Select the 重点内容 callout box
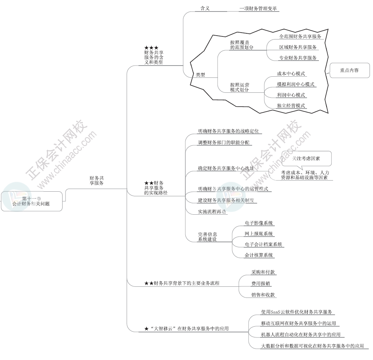pos(349,70)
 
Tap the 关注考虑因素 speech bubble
pos(306,158)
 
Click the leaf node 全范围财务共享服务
pos(300,36)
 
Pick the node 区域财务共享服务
pos(298,47)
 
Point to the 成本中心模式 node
pos(291,74)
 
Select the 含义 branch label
pos(205,8)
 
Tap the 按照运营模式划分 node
pos(240,87)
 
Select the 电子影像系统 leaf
pos(259,223)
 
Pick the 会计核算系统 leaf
pos(259,255)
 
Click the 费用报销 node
pos(261,283)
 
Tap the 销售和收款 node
pos(263,294)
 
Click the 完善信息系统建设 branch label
pos(208,237)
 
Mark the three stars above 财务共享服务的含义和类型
pos(151,48)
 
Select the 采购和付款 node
pos(263,272)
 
